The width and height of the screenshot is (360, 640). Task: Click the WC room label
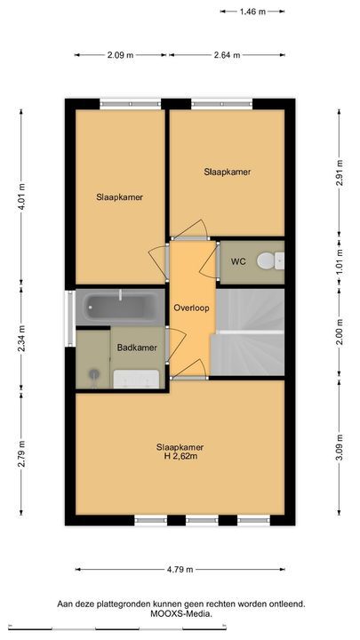[238, 261]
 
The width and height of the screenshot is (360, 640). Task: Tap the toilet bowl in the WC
[267, 260]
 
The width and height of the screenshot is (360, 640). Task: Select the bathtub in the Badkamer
[120, 307]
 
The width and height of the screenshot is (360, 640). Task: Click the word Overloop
[191, 308]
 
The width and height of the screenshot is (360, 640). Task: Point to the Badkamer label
[137, 348]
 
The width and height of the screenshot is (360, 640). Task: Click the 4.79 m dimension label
[180, 570]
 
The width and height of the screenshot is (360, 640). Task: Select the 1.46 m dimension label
[252, 12]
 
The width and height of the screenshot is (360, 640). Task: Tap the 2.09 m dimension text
[120, 55]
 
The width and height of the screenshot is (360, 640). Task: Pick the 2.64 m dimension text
[227, 55]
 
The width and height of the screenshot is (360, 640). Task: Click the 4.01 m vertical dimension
[21, 196]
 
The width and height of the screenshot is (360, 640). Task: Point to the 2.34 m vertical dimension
[21, 339]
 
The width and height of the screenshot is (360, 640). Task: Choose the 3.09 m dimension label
[339, 447]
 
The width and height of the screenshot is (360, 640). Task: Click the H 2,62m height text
[180, 456]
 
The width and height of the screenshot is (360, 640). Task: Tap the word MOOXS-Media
[181, 613]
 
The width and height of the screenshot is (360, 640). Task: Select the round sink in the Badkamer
[95, 373]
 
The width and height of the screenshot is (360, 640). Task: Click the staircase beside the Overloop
[250, 332]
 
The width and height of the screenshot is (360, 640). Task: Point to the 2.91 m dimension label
[339, 173]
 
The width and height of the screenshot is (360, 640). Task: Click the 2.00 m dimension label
[339, 332]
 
